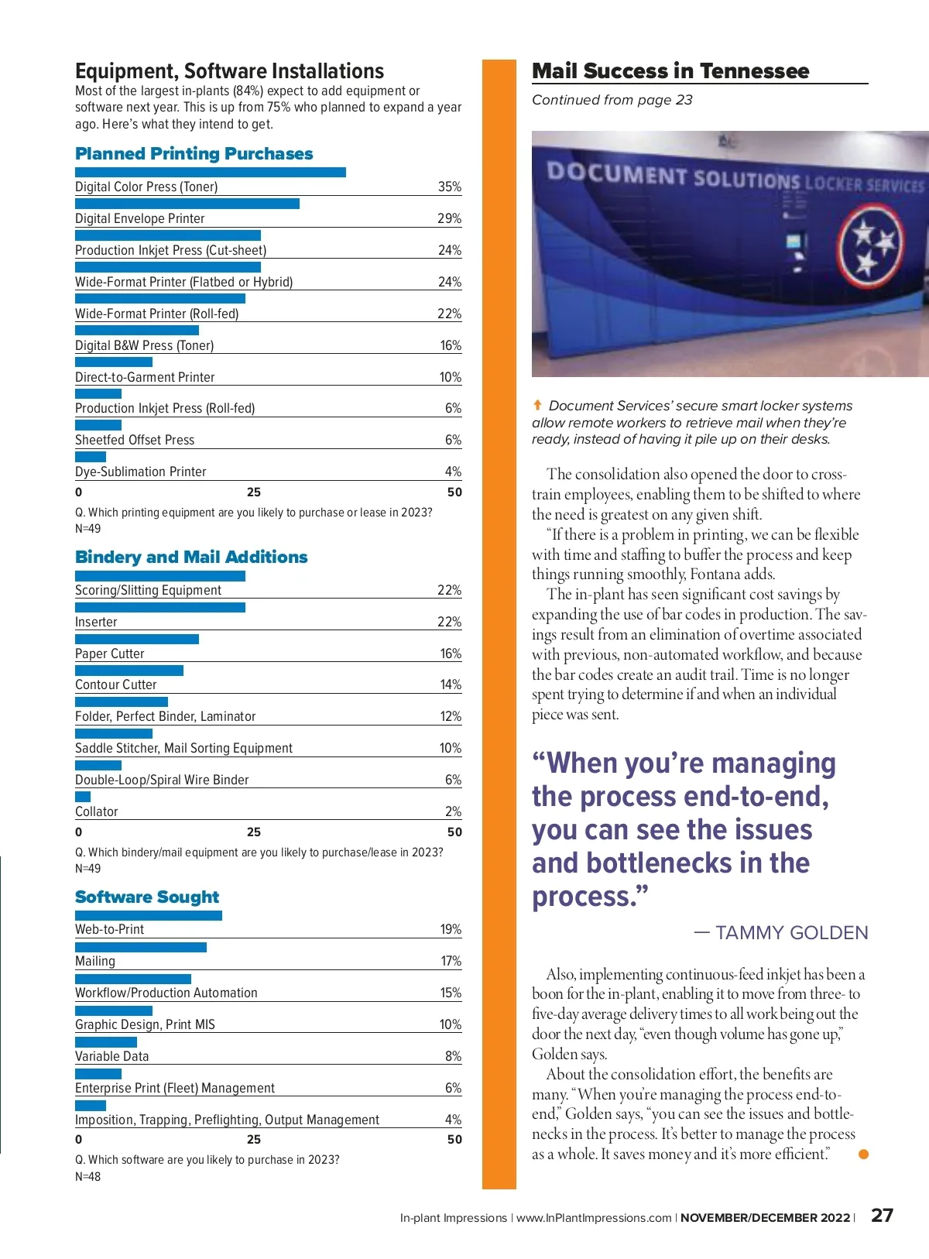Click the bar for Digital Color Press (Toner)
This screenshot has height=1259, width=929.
210,172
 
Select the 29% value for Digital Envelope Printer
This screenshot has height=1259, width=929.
449,218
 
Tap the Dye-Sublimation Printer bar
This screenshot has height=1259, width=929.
91,457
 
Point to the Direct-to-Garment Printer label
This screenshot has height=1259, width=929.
145,377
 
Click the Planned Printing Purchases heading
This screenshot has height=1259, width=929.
194,153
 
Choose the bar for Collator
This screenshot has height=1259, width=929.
83,797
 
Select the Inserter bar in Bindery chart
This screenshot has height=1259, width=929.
159,607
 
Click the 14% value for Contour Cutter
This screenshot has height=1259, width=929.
451,684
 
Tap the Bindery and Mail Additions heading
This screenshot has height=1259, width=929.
191,557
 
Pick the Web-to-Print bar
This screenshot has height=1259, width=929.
148,915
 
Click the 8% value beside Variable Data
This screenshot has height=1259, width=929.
453,1056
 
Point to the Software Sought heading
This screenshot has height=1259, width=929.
147,897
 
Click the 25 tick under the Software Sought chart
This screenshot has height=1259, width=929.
254,1139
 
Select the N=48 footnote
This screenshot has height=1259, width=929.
88,1176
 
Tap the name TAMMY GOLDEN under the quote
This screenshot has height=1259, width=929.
791,933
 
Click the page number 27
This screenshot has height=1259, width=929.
882,1215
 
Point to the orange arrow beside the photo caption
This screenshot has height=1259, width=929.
537,405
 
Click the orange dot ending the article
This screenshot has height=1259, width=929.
864,1154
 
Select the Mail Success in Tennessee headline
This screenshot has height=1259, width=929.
670,71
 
